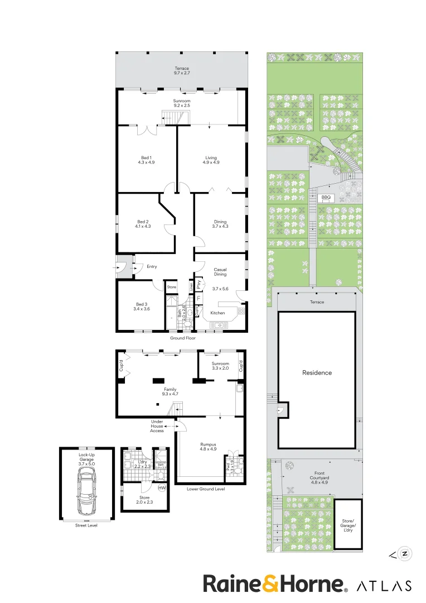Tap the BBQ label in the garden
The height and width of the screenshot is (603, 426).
click(x=326, y=197)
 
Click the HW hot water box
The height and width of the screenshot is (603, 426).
click(x=162, y=488)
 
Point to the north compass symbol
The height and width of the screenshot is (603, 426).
click(x=405, y=554)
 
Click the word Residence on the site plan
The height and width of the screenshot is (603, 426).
click(x=317, y=372)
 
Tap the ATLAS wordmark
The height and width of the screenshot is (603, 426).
click(x=384, y=585)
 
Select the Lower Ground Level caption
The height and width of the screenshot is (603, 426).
click(x=206, y=489)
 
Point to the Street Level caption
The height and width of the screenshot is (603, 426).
click(x=86, y=525)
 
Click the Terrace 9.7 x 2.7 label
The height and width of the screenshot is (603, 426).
click(x=182, y=70)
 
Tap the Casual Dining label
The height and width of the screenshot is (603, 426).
click(x=220, y=272)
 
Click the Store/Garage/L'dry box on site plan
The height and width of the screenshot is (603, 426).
click(x=348, y=523)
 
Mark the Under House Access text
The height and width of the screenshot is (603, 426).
click(x=157, y=426)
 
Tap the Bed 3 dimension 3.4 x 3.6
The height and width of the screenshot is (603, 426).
click(x=142, y=309)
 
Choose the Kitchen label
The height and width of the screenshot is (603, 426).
click(x=217, y=313)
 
